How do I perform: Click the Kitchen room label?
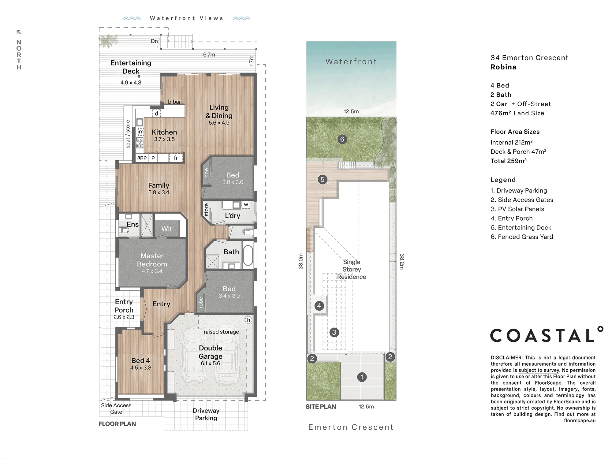[164, 132]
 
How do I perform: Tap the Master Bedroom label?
[152, 260]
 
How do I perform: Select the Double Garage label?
[211, 352]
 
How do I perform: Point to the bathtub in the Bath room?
[248, 255]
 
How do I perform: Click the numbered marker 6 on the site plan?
[342, 139]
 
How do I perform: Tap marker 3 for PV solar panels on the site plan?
[334, 332]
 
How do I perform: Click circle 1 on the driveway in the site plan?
[362, 377]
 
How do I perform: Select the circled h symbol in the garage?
[248, 320]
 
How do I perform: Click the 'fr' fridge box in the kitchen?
[176, 158]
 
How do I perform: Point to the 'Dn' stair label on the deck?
[154, 41]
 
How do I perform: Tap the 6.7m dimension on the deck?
[209, 55]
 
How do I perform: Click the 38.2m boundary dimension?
[402, 261]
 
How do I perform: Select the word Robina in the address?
[503, 67]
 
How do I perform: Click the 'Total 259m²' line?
[509, 161]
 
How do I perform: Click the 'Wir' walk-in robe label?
[167, 229]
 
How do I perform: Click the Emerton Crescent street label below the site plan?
[351, 427]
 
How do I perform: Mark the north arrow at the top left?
[19, 32]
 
